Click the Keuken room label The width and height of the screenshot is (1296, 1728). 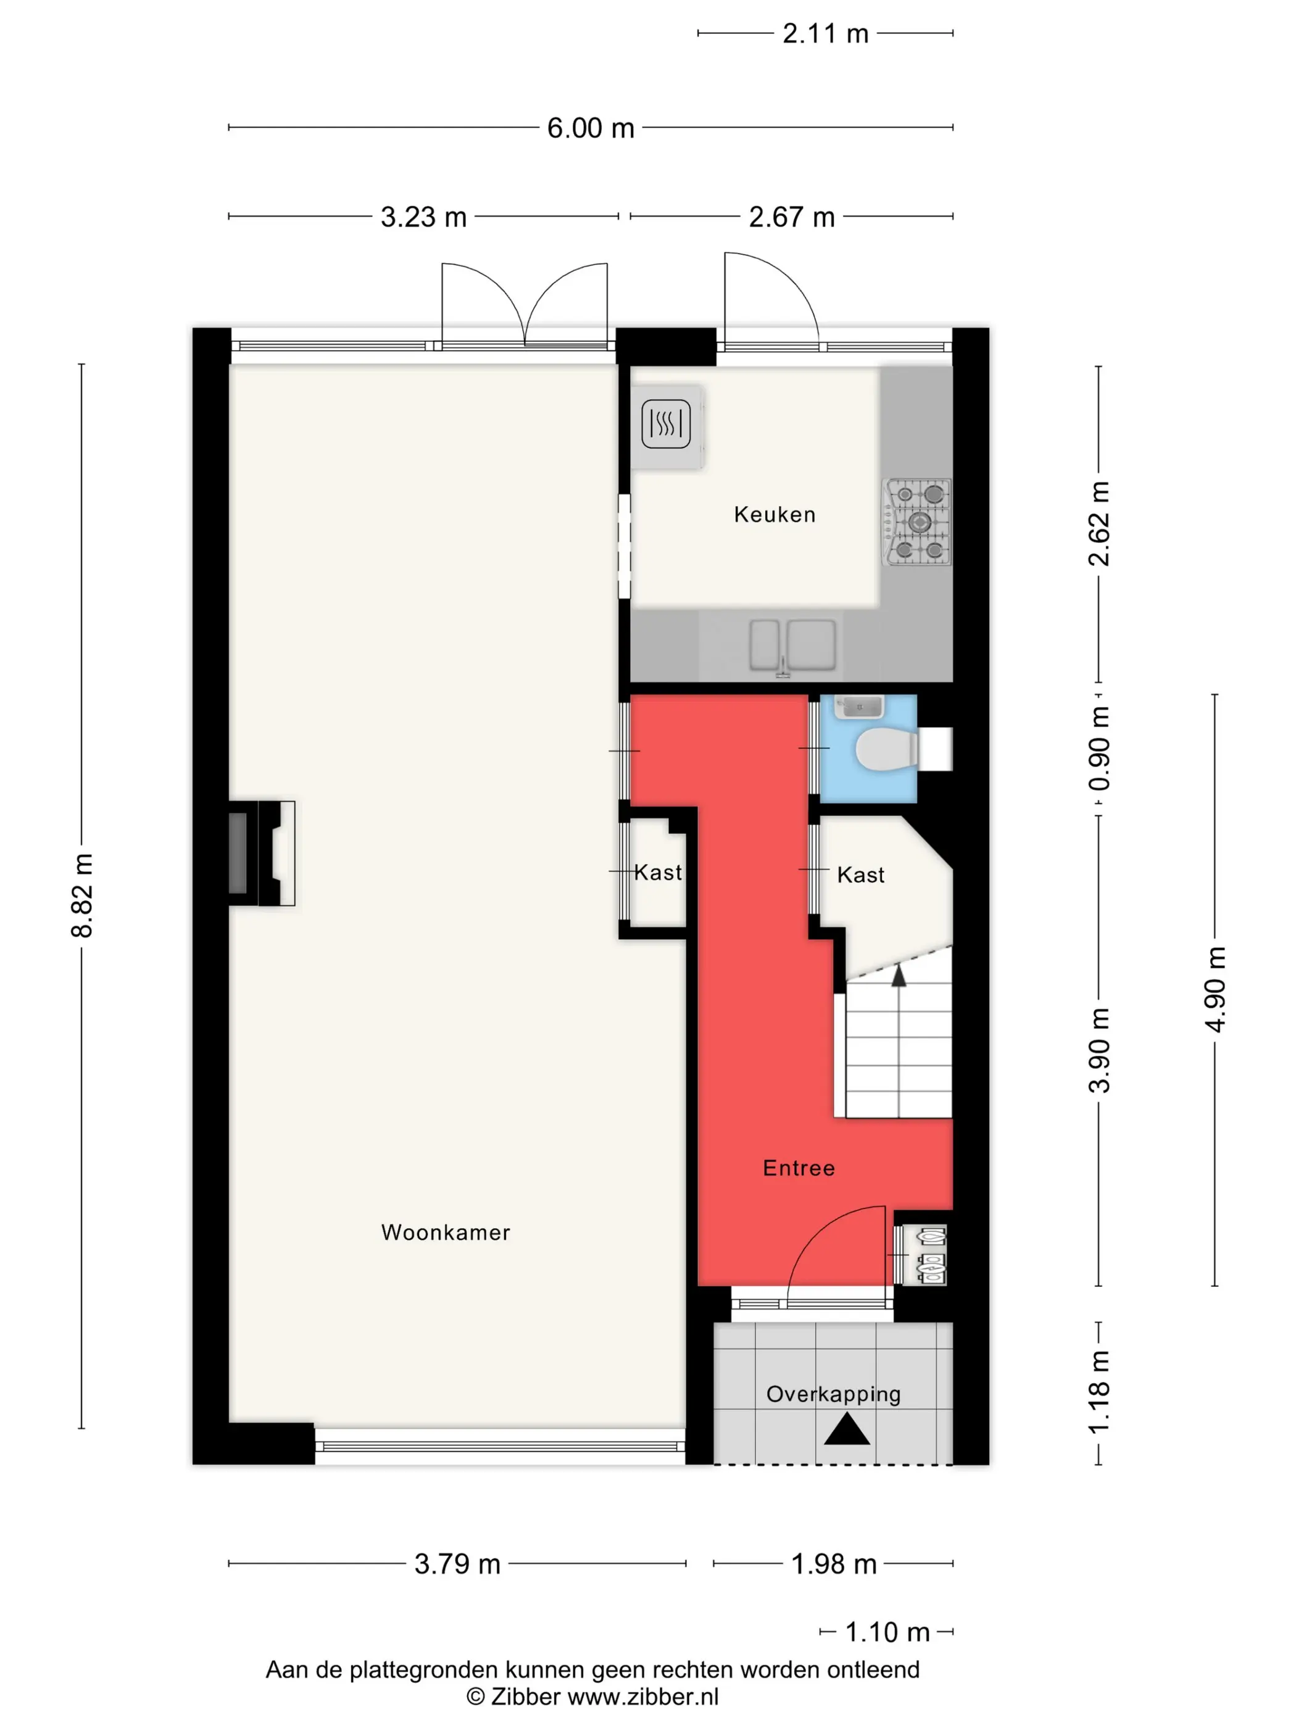click(x=774, y=515)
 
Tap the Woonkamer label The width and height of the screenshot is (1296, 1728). click(x=446, y=1232)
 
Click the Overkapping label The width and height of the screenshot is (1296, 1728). click(x=833, y=1394)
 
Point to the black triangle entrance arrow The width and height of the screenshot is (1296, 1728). click(x=847, y=1431)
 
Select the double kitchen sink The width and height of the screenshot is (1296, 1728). click(x=791, y=646)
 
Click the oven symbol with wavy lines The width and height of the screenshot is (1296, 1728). click(x=665, y=424)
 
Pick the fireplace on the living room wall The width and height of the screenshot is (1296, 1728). click(x=261, y=852)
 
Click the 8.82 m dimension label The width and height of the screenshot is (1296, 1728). click(x=82, y=895)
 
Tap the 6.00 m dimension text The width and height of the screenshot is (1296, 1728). click(x=591, y=128)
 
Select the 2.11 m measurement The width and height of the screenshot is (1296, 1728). click(x=826, y=33)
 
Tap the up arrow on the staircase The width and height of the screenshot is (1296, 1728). click(x=899, y=975)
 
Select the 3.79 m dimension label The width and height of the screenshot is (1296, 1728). click(x=457, y=1564)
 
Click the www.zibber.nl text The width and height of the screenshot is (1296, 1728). click(x=642, y=1697)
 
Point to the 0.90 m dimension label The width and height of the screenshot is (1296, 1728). click(x=1099, y=747)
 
